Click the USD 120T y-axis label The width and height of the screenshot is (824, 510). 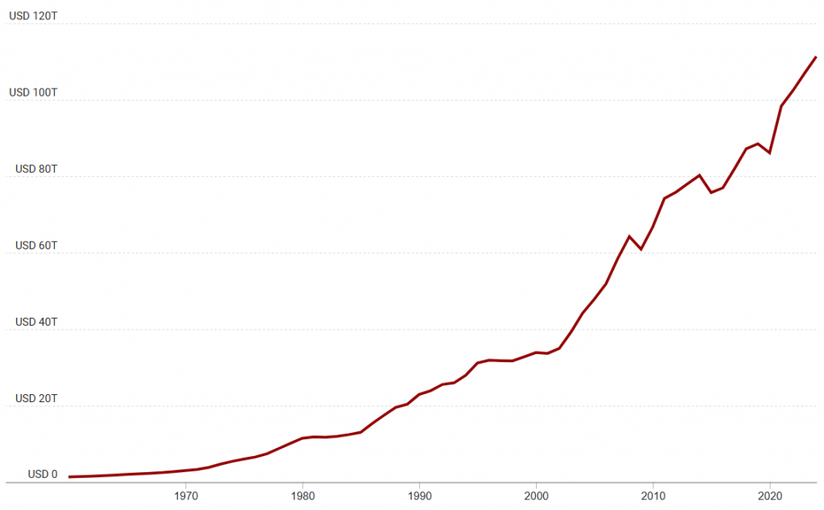tap(33, 15)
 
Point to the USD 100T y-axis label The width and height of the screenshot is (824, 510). tap(33, 93)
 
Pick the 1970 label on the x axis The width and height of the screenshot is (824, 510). tap(186, 496)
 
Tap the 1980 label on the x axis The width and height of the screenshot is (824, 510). tap(303, 496)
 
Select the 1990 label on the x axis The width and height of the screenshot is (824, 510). tap(419, 496)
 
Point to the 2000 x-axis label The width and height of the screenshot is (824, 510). tap(536, 496)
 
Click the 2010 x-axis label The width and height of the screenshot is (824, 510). tap(653, 496)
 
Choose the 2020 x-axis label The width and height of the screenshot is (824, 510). tap(770, 496)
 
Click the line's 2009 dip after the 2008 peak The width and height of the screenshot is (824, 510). tap(641, 249)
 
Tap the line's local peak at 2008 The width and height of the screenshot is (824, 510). tap(629, 236)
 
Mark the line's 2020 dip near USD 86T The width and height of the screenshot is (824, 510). tap(770, 153)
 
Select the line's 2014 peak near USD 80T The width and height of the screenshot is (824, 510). tap(700, 175)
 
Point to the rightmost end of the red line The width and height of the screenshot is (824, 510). tap(816, 57)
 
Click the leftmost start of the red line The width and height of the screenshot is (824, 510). tap(70, 477)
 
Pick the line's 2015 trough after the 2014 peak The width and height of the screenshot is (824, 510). tap(711, 192)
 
